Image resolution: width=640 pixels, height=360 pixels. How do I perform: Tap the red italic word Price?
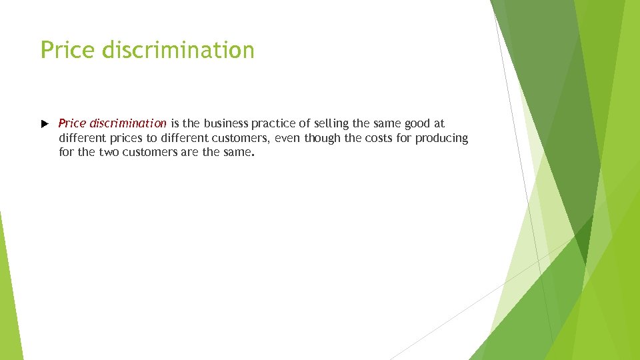coord(72,123)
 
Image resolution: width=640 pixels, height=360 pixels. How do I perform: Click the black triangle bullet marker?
coord(45,124)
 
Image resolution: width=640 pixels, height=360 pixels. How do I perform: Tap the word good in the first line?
coord(416,123)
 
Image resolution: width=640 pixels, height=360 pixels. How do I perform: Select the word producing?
coord(442,138)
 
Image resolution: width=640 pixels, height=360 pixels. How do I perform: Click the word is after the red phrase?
coord(176,123)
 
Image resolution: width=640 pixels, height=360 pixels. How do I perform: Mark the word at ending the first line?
coord(439,123)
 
